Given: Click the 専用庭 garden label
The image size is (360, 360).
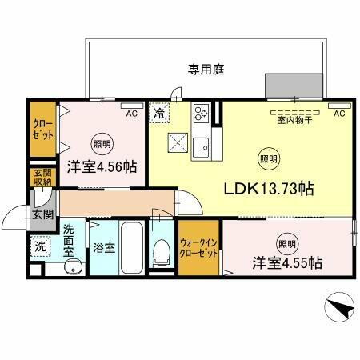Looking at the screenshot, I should click(206, 70).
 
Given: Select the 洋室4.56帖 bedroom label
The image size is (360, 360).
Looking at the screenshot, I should click(101, 168).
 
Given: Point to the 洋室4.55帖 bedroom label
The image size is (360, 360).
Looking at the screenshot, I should click(288, 262).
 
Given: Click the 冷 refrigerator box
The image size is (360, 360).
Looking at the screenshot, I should click(159, 114).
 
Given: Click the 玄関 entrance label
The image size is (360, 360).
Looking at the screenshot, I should click(43, 214).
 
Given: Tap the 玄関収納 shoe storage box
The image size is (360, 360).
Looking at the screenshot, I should click(42, 178).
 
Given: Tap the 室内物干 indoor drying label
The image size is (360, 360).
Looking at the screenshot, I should click(294, 121).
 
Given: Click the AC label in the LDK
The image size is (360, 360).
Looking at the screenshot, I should click(338, 114).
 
